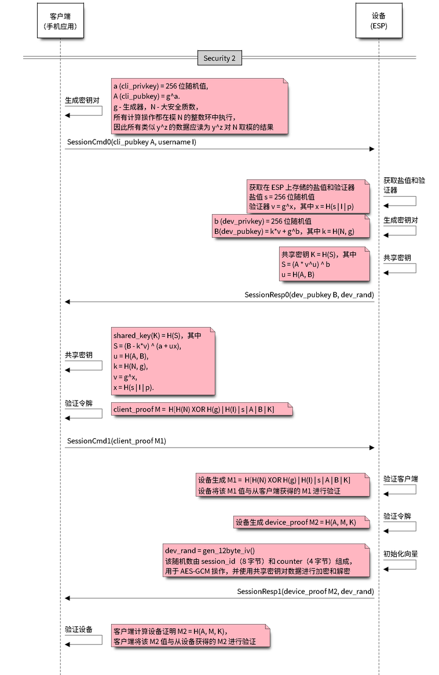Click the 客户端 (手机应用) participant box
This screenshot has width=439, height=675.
60,21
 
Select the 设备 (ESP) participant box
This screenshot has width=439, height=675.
378,21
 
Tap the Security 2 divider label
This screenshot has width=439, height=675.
219,58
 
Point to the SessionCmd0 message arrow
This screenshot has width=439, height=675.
220,149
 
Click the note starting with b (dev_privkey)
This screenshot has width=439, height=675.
290,226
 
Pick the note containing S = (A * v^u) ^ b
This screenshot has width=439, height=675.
324,264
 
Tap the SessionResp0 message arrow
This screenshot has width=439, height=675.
220,302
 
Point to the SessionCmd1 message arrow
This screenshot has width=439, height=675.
220,448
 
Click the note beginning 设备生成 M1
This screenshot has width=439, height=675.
281,485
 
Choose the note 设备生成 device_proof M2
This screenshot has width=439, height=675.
301,522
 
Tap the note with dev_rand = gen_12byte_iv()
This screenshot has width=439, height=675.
265,560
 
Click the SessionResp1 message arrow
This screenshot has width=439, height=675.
220,597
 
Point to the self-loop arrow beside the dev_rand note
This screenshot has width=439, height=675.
400,564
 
